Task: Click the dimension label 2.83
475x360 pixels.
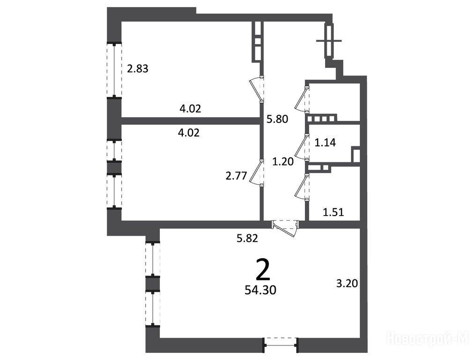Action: [x=138, y=69]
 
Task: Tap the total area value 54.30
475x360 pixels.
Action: [x=260, y=290]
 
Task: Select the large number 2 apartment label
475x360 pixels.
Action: [x=263, y=270]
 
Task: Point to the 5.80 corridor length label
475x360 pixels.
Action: [x=277, y=119]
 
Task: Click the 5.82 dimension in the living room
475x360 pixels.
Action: [x=247, y=238]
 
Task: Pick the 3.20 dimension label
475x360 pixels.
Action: [x=347, y=284]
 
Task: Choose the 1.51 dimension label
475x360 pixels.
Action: [x=333, y=212]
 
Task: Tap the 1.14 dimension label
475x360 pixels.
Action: [x=325, y=142]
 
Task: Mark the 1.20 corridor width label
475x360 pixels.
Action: [x=283, y=162]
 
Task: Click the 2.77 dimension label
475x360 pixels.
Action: [x=236, y=176]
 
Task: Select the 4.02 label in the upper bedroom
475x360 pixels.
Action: [x=190, y=108]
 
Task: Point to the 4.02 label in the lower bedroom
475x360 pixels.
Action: [x=189, y=133]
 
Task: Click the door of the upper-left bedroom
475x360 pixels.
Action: [x=256, y=90]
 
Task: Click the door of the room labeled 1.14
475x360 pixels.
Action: [x=302, y=148]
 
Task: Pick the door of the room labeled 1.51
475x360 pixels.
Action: [x=302, y=187]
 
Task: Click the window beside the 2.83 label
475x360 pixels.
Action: [x=114, y=70]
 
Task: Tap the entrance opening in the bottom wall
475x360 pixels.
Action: [x=281, y=345]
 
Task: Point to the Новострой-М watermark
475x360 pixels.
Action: [x=428, y=338]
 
